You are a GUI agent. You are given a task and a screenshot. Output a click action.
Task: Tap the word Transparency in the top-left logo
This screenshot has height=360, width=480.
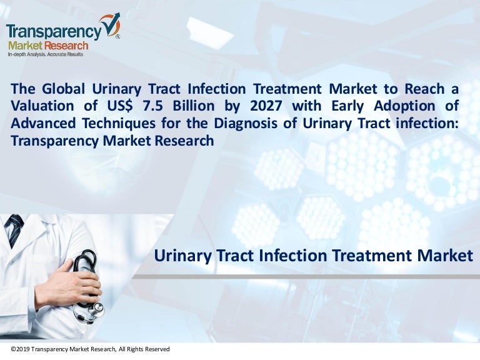click(53, 31)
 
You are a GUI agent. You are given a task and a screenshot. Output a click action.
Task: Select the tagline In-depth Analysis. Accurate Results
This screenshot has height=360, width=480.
click(45, 55)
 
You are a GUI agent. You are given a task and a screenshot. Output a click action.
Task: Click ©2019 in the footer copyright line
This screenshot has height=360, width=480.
click(20, 349)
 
